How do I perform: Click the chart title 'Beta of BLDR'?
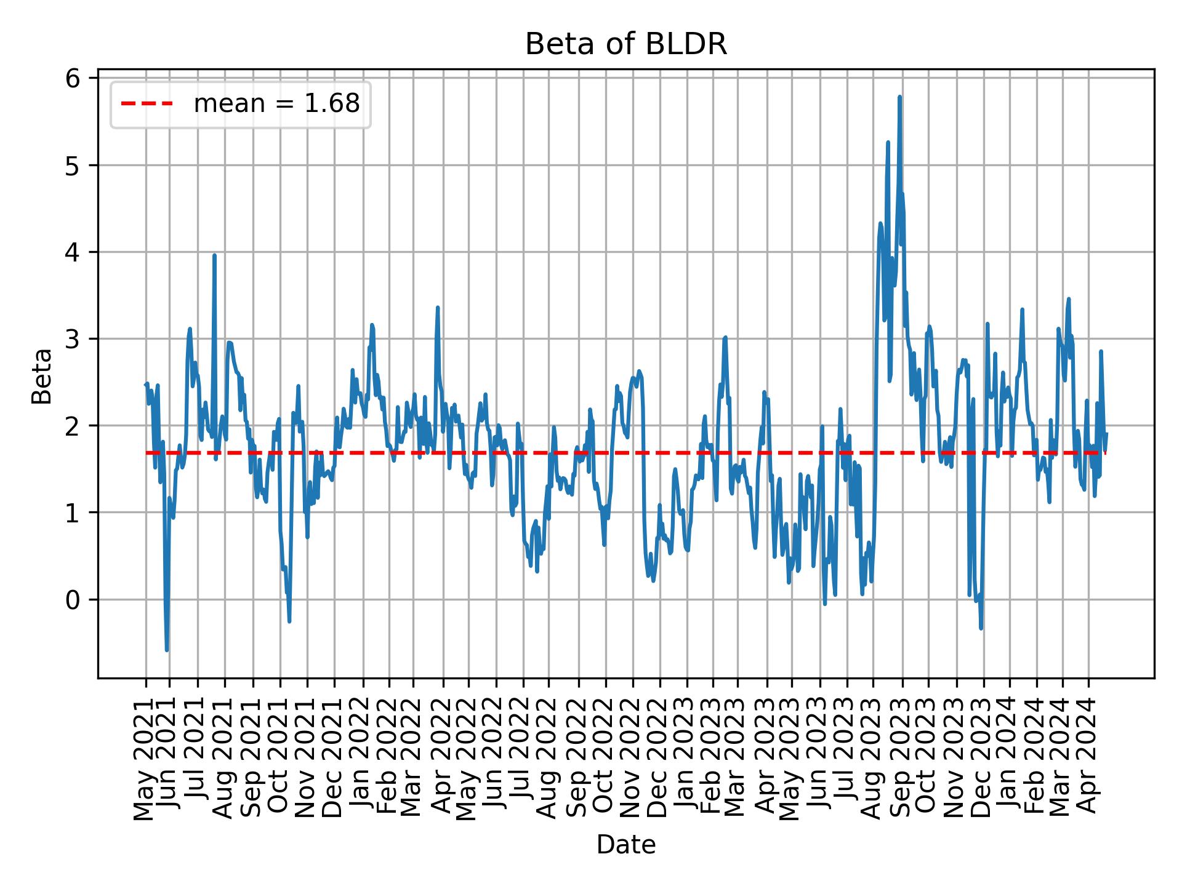pos(625,44)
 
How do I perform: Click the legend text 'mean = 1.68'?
pos(276,104)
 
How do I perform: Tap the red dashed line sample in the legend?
pos(147,104)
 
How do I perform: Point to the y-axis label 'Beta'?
pos(42,376)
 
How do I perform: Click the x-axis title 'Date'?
pos(625,845)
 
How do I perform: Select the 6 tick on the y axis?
pos(73,79)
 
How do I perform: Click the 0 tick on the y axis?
pos(73,599)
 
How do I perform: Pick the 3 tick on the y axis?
pos(73,339)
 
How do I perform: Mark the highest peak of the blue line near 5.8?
pos(899,97)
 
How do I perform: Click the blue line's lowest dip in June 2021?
pos(167,650)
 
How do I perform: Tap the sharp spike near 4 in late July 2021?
pos(214,255)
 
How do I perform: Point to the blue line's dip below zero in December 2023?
pos(981,628)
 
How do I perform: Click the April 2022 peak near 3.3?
pos(437,308)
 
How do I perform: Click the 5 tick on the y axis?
pos(73,166)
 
